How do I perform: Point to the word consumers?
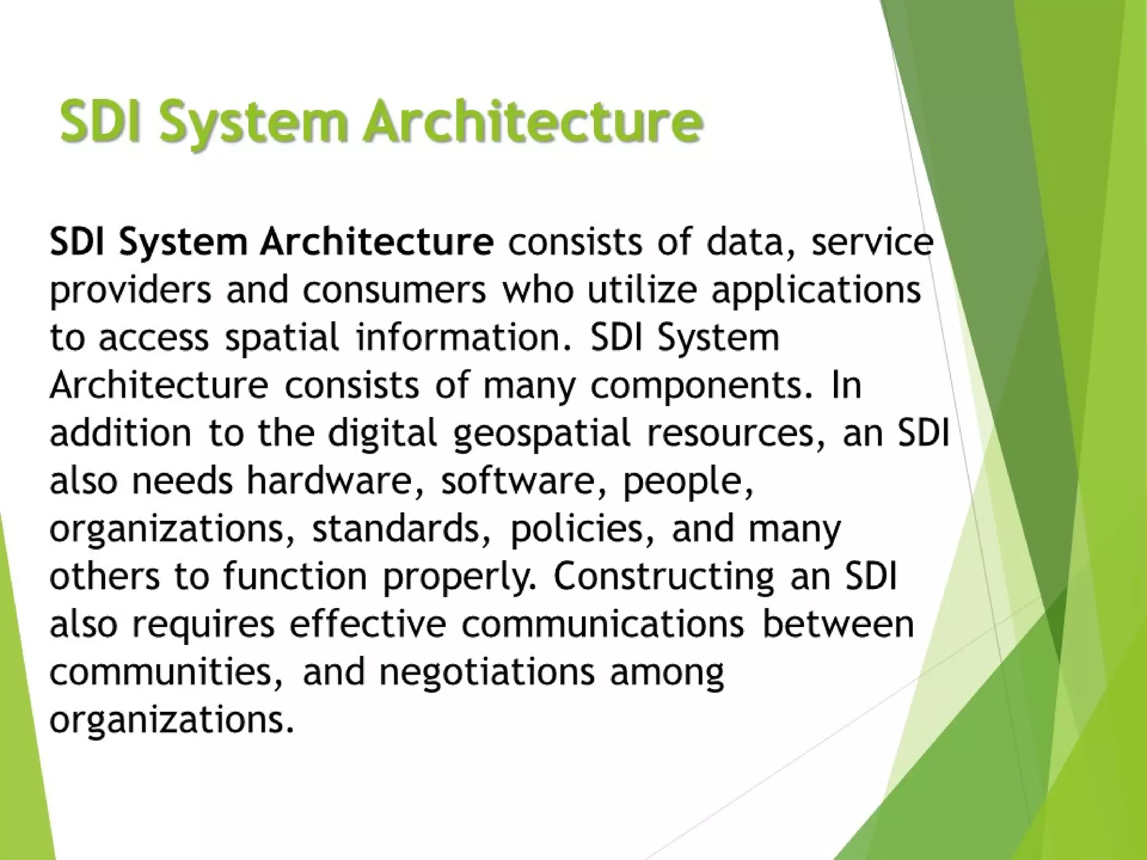pos(395,291)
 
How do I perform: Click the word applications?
pos(816,291)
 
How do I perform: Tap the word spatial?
pos(282,339)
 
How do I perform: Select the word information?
pos(459,338)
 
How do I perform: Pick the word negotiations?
pos(486,672)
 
